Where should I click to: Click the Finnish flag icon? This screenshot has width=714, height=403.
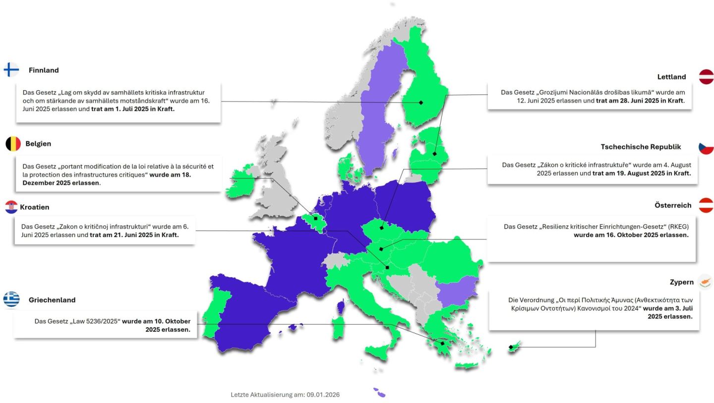point(11,70)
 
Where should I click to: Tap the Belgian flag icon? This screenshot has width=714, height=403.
point(13,144)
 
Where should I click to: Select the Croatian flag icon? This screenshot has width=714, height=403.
point(11,207)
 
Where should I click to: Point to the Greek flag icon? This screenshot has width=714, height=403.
point(11,299)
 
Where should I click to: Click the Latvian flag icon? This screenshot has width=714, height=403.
point(706,77)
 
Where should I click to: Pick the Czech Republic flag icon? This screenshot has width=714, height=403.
point(706,147)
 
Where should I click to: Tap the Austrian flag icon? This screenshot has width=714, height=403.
point(706,205)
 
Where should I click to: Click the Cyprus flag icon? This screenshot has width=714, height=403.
point(705,282)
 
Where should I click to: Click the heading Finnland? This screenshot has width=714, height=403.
point(44,70)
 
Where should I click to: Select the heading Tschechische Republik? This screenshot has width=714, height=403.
point(641,147)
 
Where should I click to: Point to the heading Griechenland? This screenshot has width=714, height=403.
point(52,300)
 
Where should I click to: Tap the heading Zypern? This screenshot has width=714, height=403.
point(682,282)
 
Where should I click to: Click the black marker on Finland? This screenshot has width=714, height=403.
point(421,102)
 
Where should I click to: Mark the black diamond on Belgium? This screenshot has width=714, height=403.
point(315,218)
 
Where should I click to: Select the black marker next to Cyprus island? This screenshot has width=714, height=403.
point(511,347)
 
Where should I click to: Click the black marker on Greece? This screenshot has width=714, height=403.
point(442,343)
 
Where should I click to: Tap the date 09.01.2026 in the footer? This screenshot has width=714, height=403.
point(323,395)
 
